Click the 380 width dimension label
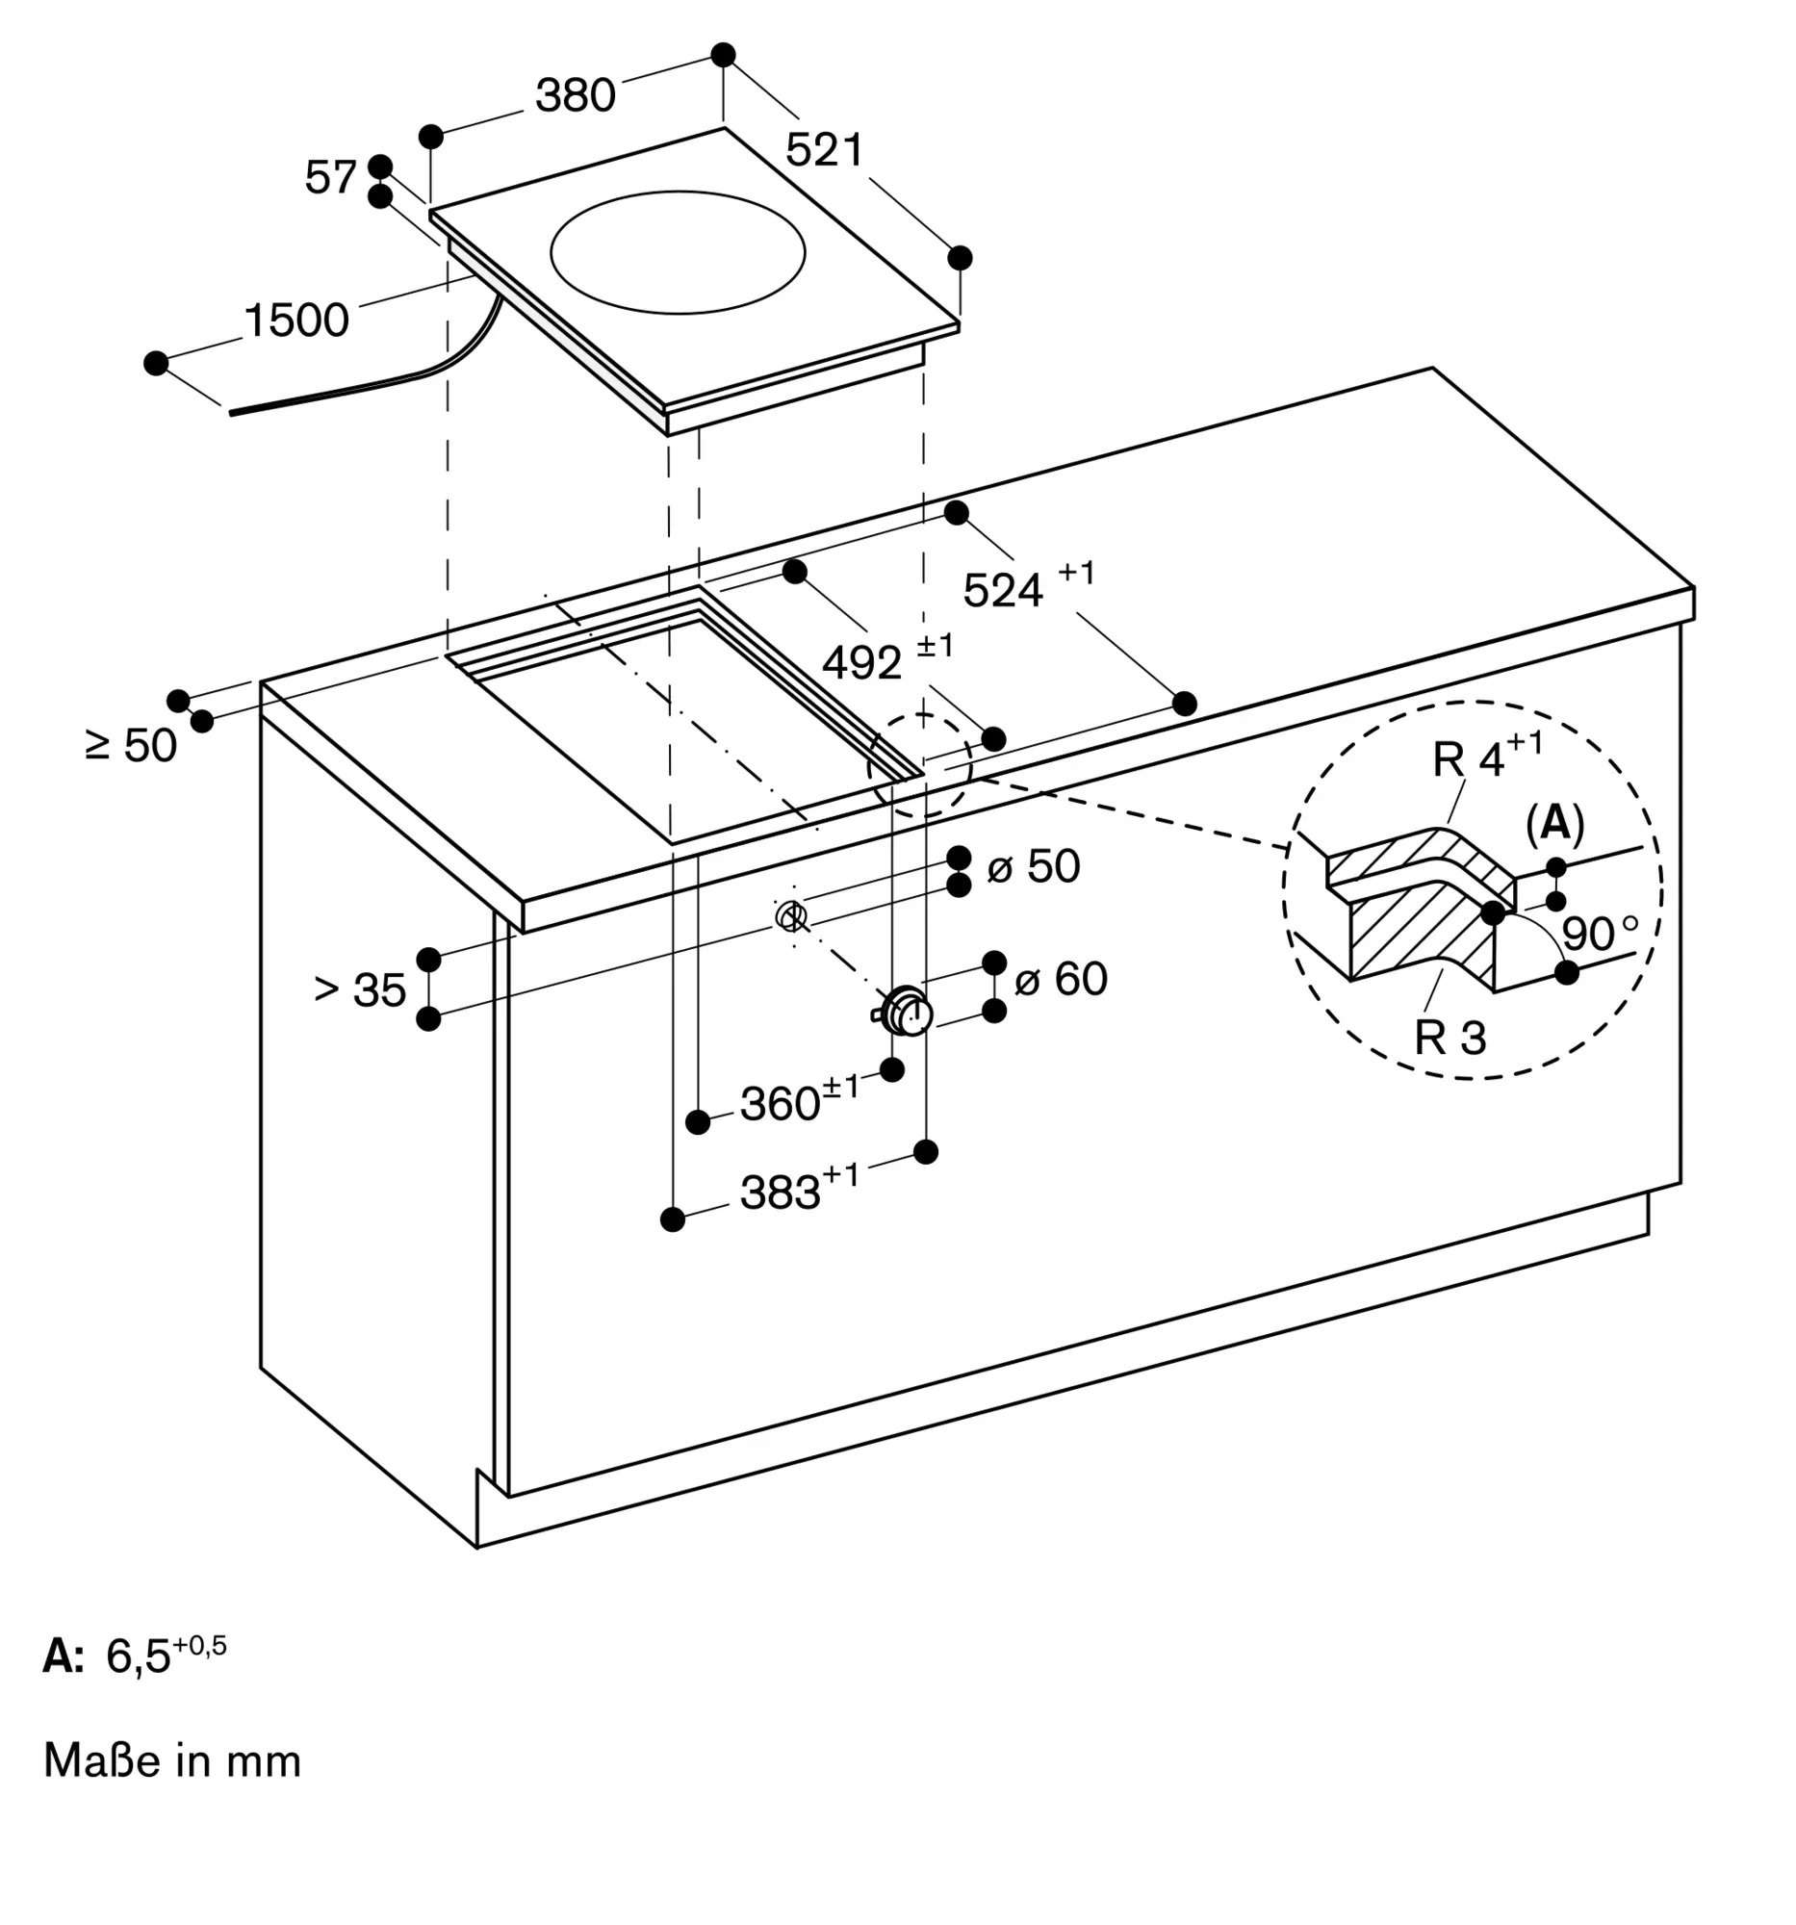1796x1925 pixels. (x=576, y=95)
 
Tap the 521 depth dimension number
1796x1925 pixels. (x=824, y=150)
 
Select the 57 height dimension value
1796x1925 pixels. (x=330, y=177)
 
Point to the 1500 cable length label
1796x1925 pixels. (x=296, y=320)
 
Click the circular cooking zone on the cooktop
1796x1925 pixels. (x=678, y=252)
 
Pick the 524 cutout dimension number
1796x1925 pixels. (x=1003, y=591)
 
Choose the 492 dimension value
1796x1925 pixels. (x=861, y=663)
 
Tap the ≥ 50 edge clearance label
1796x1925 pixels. (x=132, y=745)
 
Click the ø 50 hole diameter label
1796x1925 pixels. (x=1033, y=865)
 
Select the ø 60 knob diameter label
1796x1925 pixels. (x=1060, y=978)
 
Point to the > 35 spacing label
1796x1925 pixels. (x=360, y=989)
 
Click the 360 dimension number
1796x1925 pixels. (x=781, y=1104)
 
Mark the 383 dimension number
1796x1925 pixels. (x=781, y=1193)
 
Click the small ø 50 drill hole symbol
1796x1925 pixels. (x=790, y=914)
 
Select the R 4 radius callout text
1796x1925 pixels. (x=1469, y=760)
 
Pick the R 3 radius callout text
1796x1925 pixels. (x=1450, y=1037)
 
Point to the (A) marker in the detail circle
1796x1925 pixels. (x=1554, y=823)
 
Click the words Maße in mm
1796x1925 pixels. (x=172, y=1760)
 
